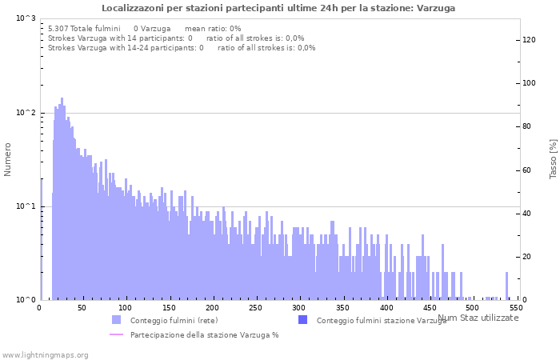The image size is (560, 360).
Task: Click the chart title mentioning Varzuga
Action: coord(279,8)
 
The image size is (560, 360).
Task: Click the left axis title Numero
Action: coord(8,159)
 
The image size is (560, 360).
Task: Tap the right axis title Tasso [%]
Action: coord(553,159)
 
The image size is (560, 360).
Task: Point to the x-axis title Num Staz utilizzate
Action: coord(478,318)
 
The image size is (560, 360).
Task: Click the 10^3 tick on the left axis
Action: coord(26,18)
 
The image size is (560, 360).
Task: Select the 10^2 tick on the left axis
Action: coord(26,113)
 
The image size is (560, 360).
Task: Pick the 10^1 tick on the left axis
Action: coord(26,206)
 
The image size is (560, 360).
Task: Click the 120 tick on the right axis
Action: coord(529,40)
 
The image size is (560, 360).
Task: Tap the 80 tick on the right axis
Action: coord(527,126)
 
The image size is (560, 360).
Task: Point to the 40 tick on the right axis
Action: coord(527,214)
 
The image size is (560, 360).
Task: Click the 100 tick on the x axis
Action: coord(125,307)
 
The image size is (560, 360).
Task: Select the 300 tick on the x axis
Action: coord(299,307)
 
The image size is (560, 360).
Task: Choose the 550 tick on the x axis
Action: coord(517,307)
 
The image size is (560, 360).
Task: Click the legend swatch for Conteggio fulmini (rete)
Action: coord(116,320)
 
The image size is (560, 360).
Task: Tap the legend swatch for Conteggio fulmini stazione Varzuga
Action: coord(302,320)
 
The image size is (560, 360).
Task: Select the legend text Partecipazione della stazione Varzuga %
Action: coord(204,334)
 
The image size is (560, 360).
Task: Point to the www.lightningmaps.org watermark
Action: coord(45,354)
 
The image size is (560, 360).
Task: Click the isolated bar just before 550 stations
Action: coord(506,286)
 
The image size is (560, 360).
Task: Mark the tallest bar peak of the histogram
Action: coord(62,99)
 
